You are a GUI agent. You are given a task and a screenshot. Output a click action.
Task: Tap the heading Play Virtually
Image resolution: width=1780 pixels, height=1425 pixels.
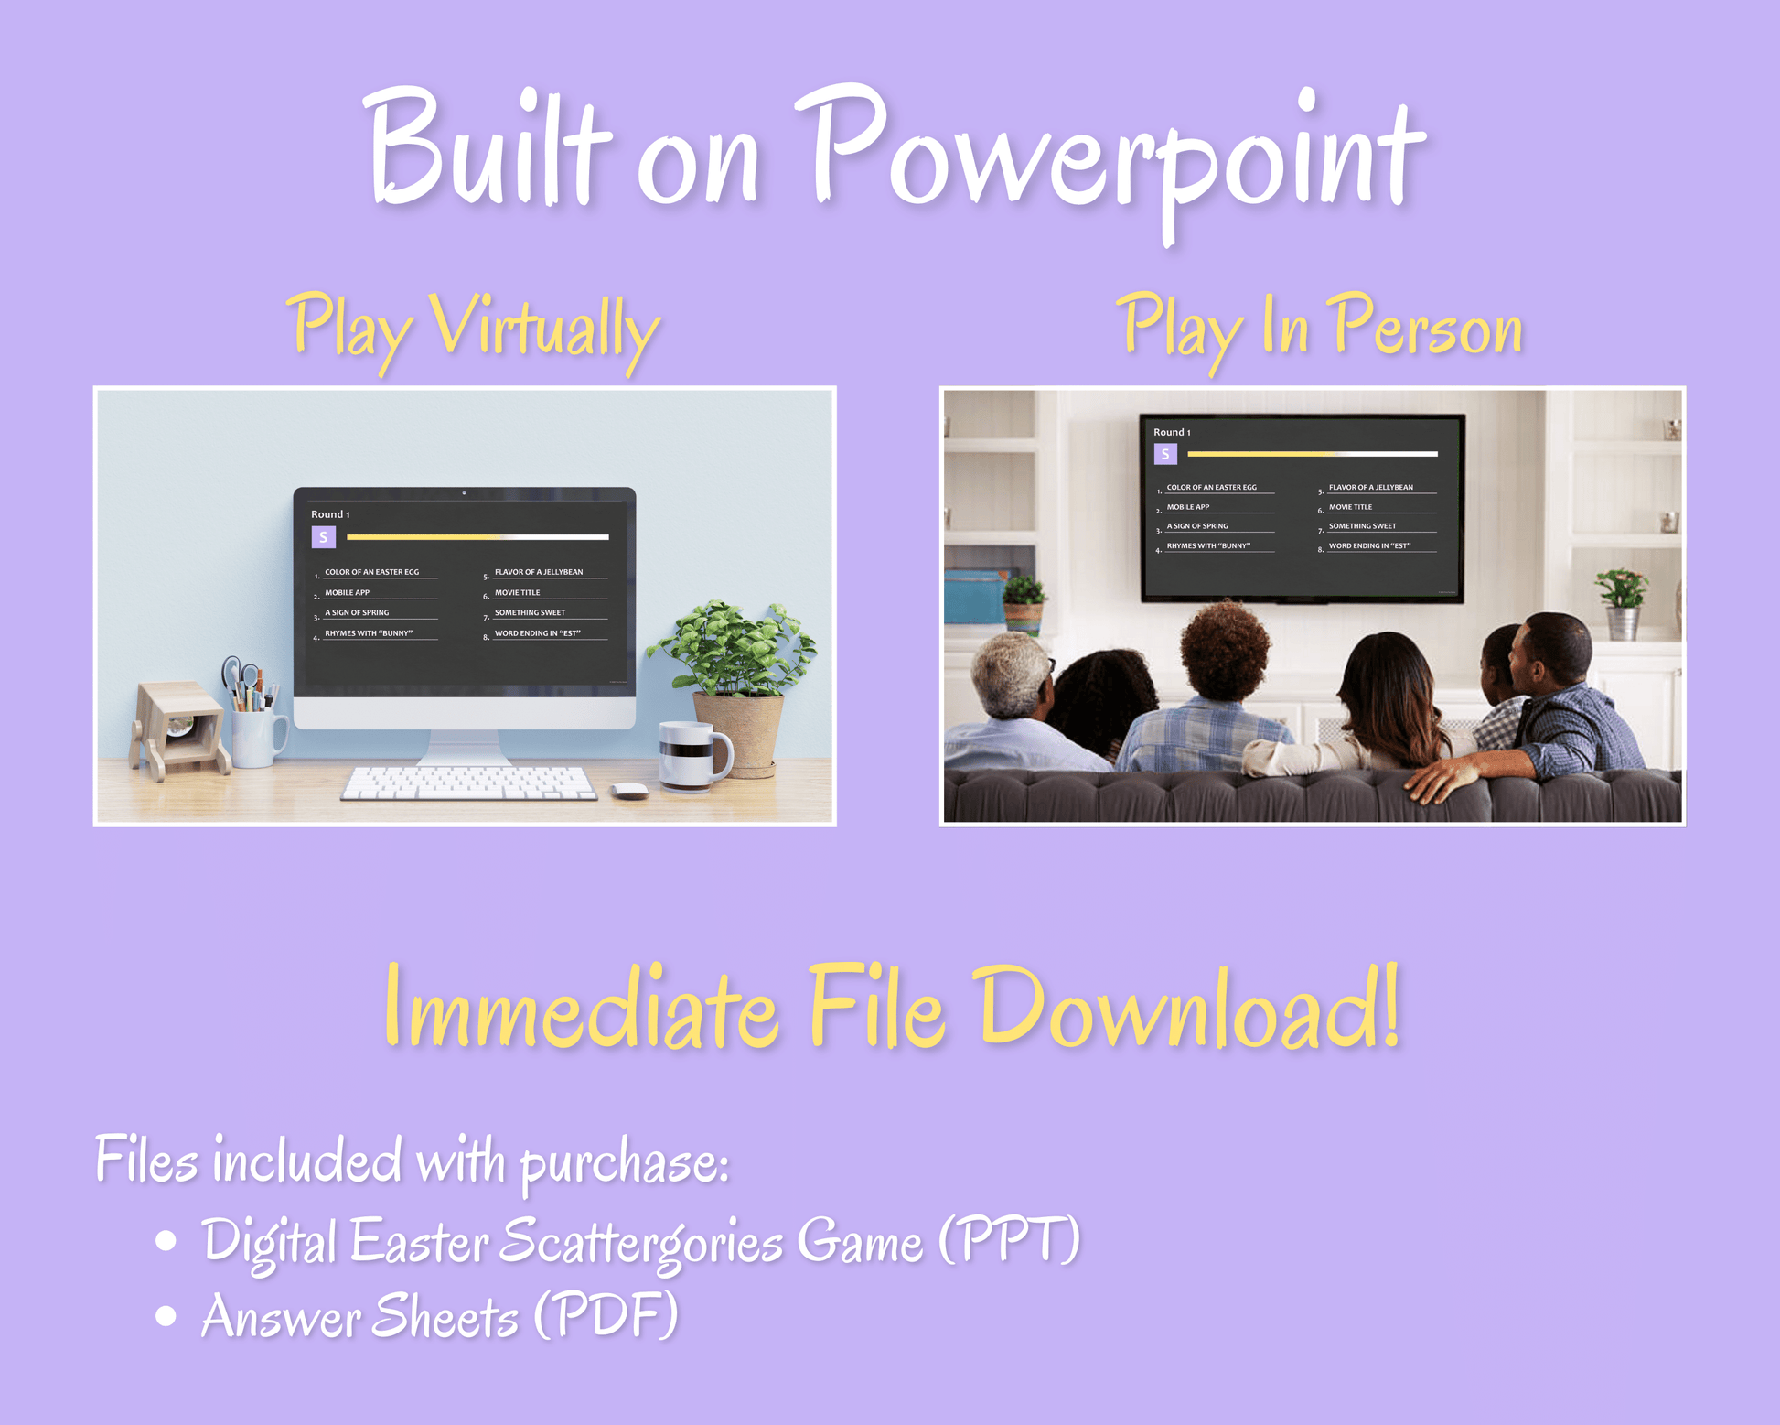474,331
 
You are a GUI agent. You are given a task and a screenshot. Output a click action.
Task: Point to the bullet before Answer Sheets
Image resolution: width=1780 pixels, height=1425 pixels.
166,1315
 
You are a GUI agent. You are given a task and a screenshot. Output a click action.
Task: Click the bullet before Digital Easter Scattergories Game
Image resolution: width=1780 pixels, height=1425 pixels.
166,1240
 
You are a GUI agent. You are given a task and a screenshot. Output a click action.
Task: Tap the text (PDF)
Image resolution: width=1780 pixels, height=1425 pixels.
606,1316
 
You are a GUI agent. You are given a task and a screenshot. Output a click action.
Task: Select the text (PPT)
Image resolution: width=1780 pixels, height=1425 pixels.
1010,1240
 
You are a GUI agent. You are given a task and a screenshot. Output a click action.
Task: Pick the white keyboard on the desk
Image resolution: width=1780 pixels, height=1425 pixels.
469,783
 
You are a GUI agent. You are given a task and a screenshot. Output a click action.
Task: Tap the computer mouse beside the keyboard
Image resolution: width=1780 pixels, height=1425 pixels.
629,791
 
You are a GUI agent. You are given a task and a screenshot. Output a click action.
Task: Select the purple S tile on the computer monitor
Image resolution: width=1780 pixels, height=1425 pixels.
324,537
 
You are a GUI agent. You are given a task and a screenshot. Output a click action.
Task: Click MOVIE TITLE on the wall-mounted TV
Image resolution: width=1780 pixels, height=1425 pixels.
1350,507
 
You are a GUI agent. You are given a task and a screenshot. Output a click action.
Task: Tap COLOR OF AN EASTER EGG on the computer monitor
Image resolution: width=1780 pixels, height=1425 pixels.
372,572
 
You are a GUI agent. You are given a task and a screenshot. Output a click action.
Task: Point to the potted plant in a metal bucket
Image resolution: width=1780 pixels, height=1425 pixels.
1621,603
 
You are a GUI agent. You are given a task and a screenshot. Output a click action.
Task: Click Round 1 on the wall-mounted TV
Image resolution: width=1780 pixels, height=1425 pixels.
1172,432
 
